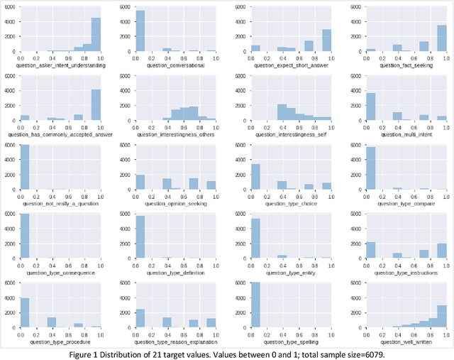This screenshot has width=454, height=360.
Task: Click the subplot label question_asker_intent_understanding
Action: [65, 65]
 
